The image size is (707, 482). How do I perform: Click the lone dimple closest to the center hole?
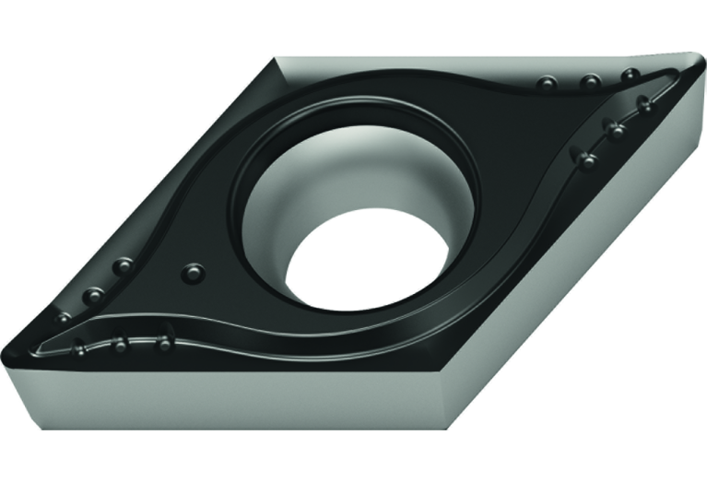click(x=193, y=273)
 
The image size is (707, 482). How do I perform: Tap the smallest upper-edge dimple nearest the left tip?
click(x=64, y=317)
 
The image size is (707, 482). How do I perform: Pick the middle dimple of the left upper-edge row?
click(x=93, y=295)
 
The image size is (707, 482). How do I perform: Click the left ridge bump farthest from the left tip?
click(x=164, y=344)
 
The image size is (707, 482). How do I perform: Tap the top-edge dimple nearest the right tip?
click(x=630, y=75)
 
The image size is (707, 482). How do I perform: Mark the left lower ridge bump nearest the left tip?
click(x=79, y=348)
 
